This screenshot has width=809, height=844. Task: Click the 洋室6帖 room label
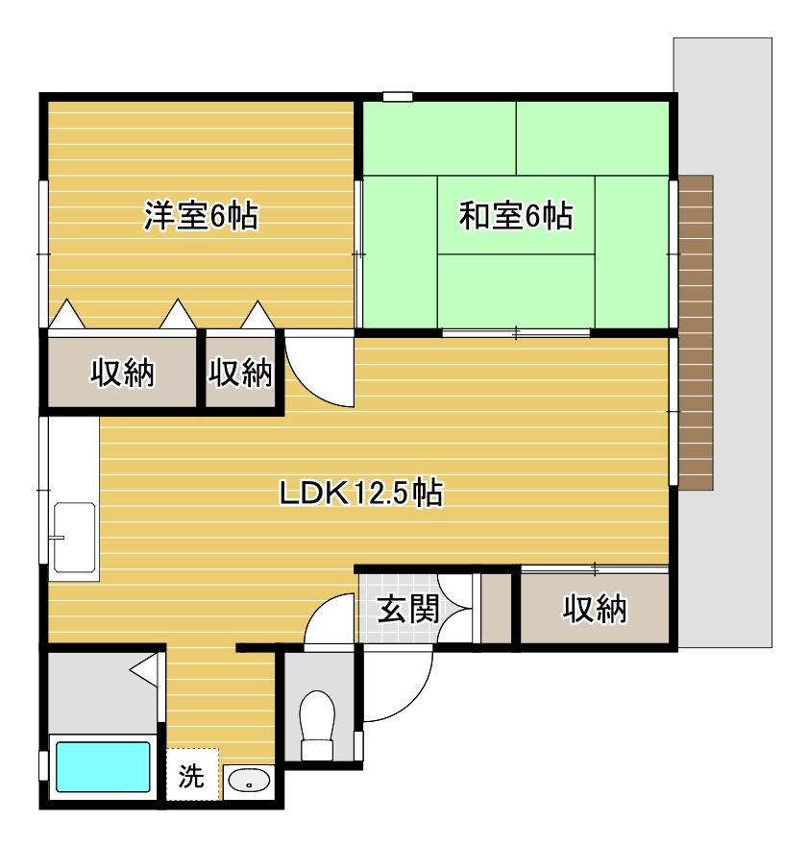pos(201,216)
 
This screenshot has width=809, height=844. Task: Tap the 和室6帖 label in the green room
pos(515,216)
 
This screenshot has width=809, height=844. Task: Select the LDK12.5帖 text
pos(361,493)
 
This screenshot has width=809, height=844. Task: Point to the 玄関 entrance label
pos(407,609)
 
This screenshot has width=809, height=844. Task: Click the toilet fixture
pos(317,725)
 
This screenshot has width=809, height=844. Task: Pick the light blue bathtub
pos(103,767)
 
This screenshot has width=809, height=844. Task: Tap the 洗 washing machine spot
pos(192,775)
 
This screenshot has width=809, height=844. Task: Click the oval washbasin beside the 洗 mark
pos(249,780)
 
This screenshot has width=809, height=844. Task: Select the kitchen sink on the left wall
pos(74,537)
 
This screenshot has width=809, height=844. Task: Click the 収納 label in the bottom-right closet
pos(595,609)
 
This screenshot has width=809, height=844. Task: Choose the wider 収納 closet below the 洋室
pos(122,372)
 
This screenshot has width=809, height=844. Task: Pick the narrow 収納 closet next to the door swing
pos(241,372)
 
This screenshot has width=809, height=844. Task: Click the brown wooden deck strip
pos(696,332)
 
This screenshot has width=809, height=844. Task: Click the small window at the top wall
pos(398,97)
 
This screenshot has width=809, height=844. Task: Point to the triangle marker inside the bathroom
pos(144,670)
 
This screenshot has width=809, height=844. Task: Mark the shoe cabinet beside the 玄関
pos(496,608)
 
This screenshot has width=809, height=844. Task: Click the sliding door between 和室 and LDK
pos(516,332)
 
